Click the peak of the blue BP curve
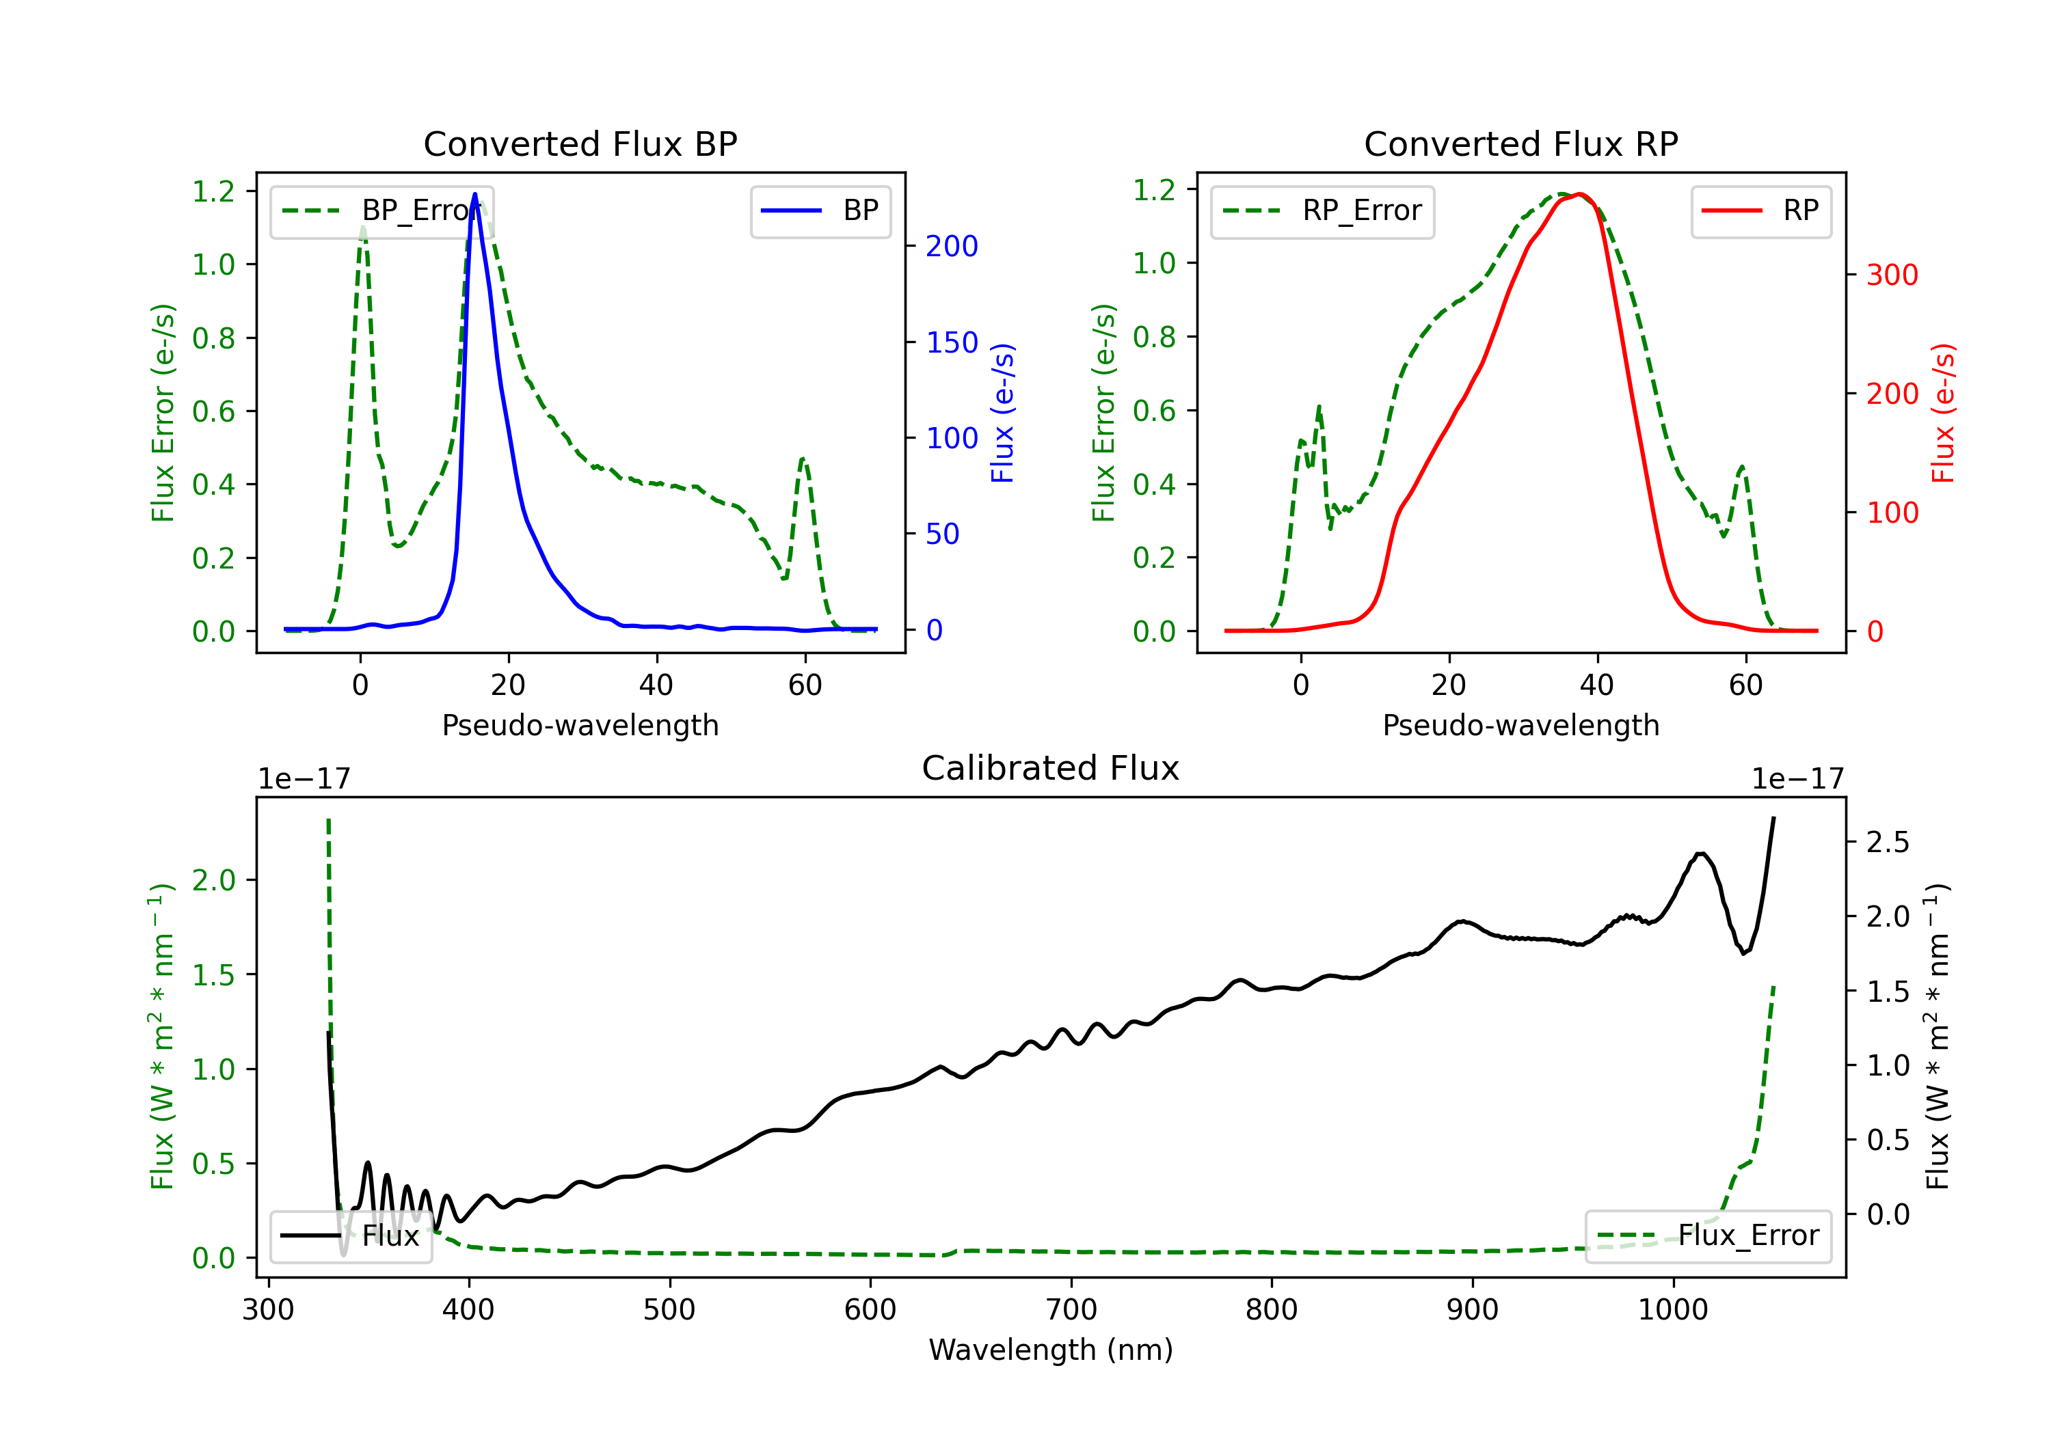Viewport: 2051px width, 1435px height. click(x=474, y=194)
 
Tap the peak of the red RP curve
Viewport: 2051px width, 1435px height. click(x=1579, y=194)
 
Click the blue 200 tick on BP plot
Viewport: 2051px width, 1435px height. click(x=952, y=247)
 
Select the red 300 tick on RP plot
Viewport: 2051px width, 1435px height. click(x=1892, y=275)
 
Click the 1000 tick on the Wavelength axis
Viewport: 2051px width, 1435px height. click(x=1672, y=1310)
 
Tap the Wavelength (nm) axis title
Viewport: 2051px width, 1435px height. click(x=1051, y=1350)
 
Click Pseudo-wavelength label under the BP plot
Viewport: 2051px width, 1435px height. click(x=580, y=725)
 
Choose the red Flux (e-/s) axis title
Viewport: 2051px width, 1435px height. click(x=1944, y=413)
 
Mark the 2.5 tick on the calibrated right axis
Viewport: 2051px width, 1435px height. click(x=1888, y=842)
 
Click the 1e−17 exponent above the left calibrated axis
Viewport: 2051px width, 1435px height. click(x=304, y=780)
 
